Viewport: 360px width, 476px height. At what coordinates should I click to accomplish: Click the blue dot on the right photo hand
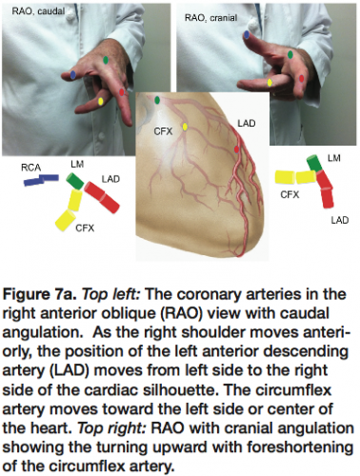[246, 35]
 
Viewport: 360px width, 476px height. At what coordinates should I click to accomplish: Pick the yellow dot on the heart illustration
[185, 126]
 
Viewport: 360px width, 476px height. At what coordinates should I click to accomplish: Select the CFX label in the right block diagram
[290, 193]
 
